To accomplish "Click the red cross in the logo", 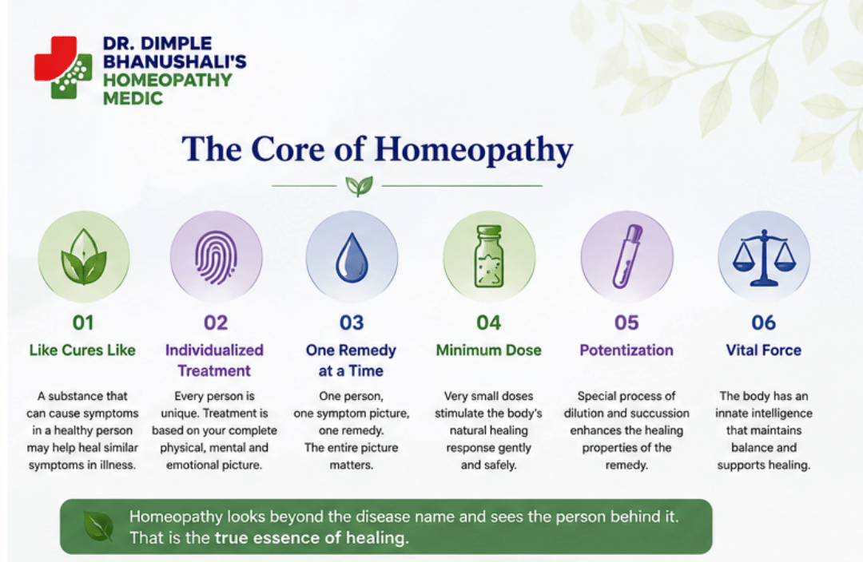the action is point(55,58).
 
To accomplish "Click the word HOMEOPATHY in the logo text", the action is point(167,81).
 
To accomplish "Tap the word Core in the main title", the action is point(288,149).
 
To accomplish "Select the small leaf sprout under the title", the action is point(360,186).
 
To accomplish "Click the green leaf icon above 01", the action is point(84,257).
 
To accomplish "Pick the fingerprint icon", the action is point(217,257).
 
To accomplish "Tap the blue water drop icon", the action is point(351,257).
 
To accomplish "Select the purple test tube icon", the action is point(627,256).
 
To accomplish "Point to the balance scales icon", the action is point(764,257).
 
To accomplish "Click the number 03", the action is point(352,323).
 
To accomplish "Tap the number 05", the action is point(627,323).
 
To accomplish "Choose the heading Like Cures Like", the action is point(82,350).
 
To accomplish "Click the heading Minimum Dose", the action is point(489,350).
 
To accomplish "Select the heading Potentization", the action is point(626,350).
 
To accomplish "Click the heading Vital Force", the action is point(764,350).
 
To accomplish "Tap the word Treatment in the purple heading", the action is point(214,371).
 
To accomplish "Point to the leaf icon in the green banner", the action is point(98,526).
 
